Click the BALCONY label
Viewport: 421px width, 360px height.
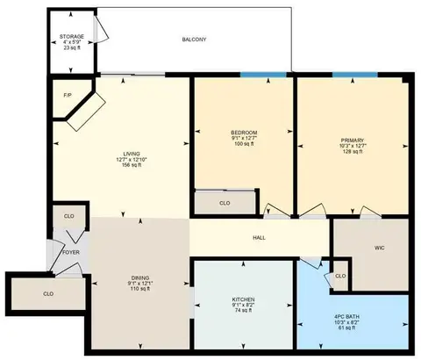pyautogui.click(x=194, y=40)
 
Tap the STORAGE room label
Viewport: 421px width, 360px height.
pyautogui.click(x=72, y=37)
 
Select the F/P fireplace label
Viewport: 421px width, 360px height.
pyautogui.click(x=68, y=96)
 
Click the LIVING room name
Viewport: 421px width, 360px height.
pyautogui.click(x=132, y=154)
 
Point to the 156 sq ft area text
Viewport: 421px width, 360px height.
pyautogui.click(x=132, y=165)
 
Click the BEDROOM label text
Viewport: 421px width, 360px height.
pyautogui.click(x=244, y=133)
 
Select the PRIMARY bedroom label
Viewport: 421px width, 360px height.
pyautogui.click(x=353, y=140)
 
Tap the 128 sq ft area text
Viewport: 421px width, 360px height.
pyautogui.click(x=353, y=152)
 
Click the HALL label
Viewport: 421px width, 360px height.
pyautogui.click(x=259, y=238)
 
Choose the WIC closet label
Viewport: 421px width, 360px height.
pyautogui.click(x=379, y=248)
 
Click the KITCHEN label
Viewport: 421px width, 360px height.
pyautogui.click(x=243, y=299)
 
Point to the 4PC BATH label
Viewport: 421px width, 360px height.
pyautogui.click(x=346, y=317)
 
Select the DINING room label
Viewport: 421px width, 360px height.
pyautogui.click(x=140, y=277)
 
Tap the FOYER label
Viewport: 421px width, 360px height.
pyautogui.click(x=71, y=252)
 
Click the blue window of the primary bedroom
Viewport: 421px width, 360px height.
pyautogui.click(x=355, y=75)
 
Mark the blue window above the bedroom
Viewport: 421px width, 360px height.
pyautogui.click(x=263, y=75)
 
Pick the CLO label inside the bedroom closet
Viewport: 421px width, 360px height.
pyautogui.click(x=225, y=203)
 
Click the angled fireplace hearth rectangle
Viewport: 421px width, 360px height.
pyautogui.click(x=86, y=112)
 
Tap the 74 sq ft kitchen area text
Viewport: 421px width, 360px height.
pyautogui.click(x=243, y=311)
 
